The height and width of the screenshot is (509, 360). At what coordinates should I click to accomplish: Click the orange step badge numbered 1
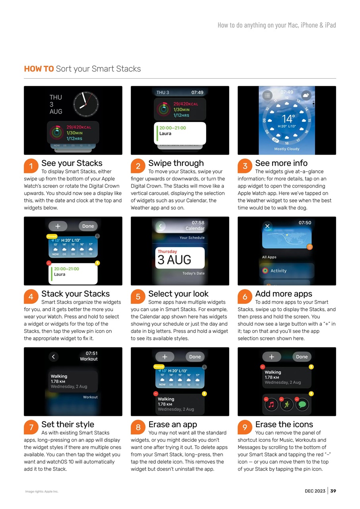coord(31,166)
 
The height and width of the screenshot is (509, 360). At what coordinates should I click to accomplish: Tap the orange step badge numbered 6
coord(245,297)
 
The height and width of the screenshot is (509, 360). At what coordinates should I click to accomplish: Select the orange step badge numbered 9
coord(245,427)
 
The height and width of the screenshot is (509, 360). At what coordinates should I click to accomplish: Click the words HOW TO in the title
coord(39,69)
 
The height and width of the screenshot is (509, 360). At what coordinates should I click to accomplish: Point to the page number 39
coord(333,491)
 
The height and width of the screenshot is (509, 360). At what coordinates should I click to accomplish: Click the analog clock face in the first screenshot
coord(86,105)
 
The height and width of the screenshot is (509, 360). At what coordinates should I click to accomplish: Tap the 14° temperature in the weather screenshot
coord(288,119)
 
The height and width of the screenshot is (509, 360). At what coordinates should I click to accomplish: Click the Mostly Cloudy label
coord(286,149)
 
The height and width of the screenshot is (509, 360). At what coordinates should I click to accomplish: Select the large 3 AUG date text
coord(174,260)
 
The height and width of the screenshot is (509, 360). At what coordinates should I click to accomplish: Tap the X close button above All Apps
coord(267,226)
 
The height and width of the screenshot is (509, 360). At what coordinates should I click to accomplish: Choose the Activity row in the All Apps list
coord(278,271)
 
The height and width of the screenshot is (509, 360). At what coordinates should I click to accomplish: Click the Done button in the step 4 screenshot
coord(88,226)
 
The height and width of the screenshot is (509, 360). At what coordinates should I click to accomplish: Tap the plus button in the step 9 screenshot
coord(271,357)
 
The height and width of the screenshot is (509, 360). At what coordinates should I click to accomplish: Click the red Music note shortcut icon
coord(271,404)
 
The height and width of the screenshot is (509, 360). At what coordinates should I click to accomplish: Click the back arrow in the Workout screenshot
coord(54,357)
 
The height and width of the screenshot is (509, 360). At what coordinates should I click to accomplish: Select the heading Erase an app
coord(172,424)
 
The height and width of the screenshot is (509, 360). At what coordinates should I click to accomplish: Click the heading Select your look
coord(178,294)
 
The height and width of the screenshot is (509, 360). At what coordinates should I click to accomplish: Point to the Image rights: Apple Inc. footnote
coord(42,492)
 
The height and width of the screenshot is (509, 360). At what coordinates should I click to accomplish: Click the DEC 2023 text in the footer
coord(315,491)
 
